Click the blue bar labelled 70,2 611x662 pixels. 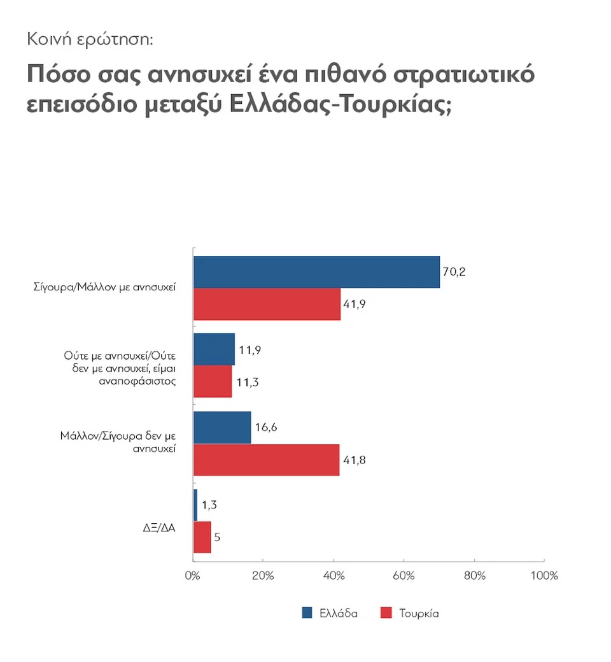(316, 272)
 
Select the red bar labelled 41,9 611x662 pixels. (267, 304)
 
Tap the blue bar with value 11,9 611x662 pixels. (214, 349)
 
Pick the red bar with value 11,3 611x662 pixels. (213, 381)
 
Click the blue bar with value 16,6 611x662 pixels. (222, 427)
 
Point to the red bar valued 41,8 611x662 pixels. (266, 459)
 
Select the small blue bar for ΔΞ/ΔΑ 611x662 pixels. (195, 505)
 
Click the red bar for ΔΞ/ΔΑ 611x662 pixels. (202, 537)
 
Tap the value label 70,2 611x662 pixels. (454, 272)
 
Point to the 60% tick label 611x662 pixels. (404, 576)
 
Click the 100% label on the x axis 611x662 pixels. (544, 576)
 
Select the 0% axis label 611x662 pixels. (192, 576)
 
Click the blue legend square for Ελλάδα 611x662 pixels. (307, 613)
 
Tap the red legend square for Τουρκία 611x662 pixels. (385, 613)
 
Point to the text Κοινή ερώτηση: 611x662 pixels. (90, 39)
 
